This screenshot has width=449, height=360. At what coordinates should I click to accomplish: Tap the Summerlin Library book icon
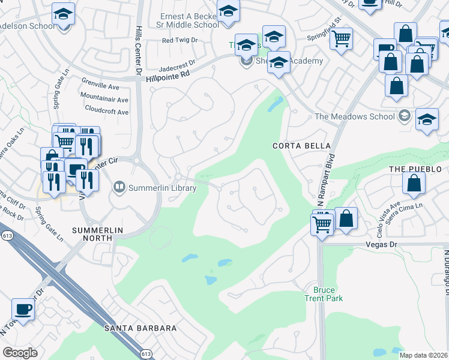click(120, 188)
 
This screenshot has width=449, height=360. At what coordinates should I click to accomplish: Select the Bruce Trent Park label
click(328, 293)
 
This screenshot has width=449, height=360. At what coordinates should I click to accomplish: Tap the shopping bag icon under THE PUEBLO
click(414, 184)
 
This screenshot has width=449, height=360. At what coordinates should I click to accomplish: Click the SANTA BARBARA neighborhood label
click(140, 328)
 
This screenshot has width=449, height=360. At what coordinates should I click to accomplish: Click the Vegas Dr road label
click(382, 245)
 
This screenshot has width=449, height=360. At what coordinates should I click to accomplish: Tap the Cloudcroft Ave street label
click(107, 112)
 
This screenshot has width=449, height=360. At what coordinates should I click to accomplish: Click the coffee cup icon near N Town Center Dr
click(23, 310)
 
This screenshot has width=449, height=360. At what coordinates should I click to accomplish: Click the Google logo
click(20, 352)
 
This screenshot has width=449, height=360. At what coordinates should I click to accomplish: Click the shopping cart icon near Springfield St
click(341, 38)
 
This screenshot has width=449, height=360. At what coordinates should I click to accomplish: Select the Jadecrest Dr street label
click(178, 62)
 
